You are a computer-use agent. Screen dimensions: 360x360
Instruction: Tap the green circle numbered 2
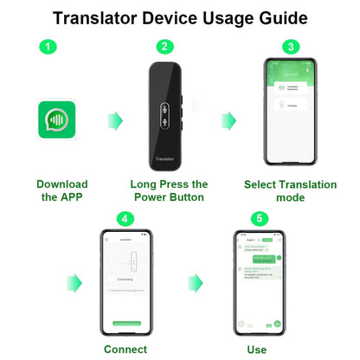pyautogui.click(x=165, y=47)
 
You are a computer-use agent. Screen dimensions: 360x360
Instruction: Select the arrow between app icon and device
pyautogui.click(x=112, y=119)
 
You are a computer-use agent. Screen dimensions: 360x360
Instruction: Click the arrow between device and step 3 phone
pyautogui.click(x=228, y=119)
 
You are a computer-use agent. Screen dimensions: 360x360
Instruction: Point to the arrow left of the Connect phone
pyautogui.click(x=74, y=281)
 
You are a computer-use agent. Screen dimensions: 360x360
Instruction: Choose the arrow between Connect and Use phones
pyautogui.click(x=196, y=281)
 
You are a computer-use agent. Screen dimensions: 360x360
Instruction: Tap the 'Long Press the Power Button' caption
pyautogui.click(x=169, y=190)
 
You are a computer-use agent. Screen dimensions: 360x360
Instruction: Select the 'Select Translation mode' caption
pyautogui.click(x=291, y=190)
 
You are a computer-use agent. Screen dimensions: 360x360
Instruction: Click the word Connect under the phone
pyautogui.click(x=125, y=350)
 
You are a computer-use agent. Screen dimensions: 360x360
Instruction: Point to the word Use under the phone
pyautogui.click(x=258, y=350)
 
